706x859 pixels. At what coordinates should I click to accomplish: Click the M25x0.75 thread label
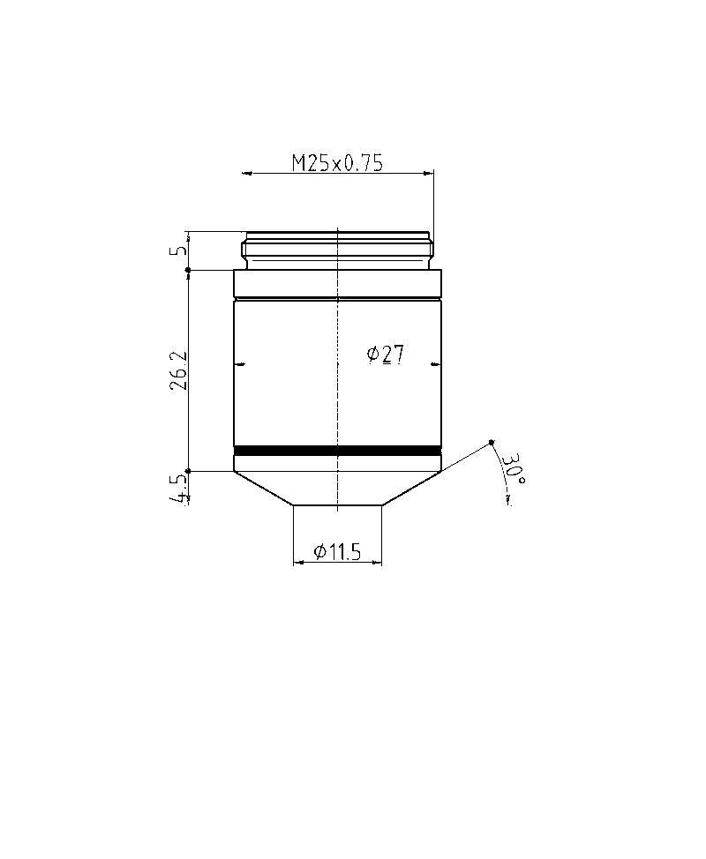coord(338,163)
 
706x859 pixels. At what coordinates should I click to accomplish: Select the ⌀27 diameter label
coord(386,355)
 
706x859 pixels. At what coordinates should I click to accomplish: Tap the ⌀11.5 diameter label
coord(338,553)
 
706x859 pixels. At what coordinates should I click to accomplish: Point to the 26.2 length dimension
coord(179,371)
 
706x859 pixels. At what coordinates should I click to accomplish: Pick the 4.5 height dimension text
coord(180,489)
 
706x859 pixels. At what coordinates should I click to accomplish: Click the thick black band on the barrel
coord(337,451)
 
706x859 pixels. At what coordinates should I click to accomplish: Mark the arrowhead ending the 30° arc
coord(508,501)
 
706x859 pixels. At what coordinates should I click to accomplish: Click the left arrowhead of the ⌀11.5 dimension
coord(297,562)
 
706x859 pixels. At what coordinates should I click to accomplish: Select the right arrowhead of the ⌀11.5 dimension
coord(379,562)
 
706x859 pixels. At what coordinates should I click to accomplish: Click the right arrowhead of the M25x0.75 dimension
coord(430,173)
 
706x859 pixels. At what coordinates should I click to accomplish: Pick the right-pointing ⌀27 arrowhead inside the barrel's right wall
coord(437,363)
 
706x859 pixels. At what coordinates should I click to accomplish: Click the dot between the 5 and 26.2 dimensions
coord(188,270)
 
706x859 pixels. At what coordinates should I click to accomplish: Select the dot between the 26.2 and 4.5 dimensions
coord(188,471)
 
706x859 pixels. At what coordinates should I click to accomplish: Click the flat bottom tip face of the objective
coord(337,505)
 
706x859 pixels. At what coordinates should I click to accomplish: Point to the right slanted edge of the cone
coord(411,488)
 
